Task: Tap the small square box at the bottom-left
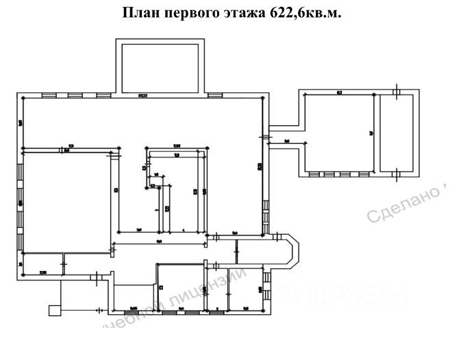54,310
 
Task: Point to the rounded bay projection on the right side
290,251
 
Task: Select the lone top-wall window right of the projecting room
215,95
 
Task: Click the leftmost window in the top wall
49,95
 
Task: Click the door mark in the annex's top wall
397,91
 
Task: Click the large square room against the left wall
66,202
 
